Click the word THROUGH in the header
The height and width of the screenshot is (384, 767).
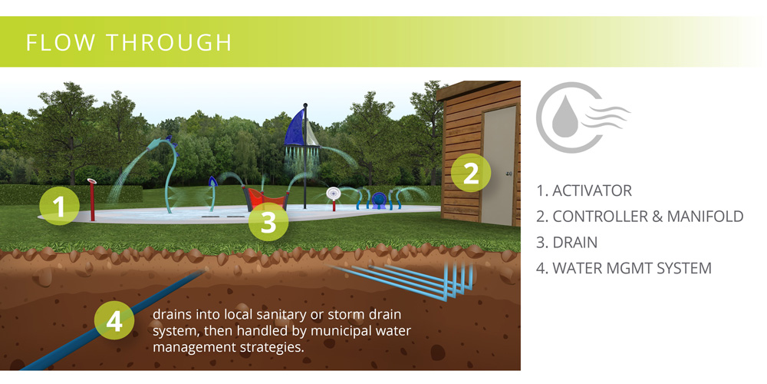(170, 42)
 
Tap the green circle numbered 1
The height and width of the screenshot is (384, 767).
(59, 205)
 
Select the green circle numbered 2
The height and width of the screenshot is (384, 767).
(471, 173)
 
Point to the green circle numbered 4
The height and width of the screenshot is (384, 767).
(114, 321)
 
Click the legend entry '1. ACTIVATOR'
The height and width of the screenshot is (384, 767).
(584, 190)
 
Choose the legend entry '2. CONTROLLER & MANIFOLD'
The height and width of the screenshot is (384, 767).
(640, 216)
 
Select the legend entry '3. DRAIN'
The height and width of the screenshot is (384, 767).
(567, 242)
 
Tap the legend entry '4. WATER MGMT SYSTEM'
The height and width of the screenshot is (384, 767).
(624, 268)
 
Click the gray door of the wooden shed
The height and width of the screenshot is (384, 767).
(499, 165)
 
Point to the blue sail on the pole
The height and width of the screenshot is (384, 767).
(296, 128)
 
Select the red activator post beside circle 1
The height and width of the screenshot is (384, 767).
(92, 200)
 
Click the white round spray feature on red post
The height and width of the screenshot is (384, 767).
(334, 194)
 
